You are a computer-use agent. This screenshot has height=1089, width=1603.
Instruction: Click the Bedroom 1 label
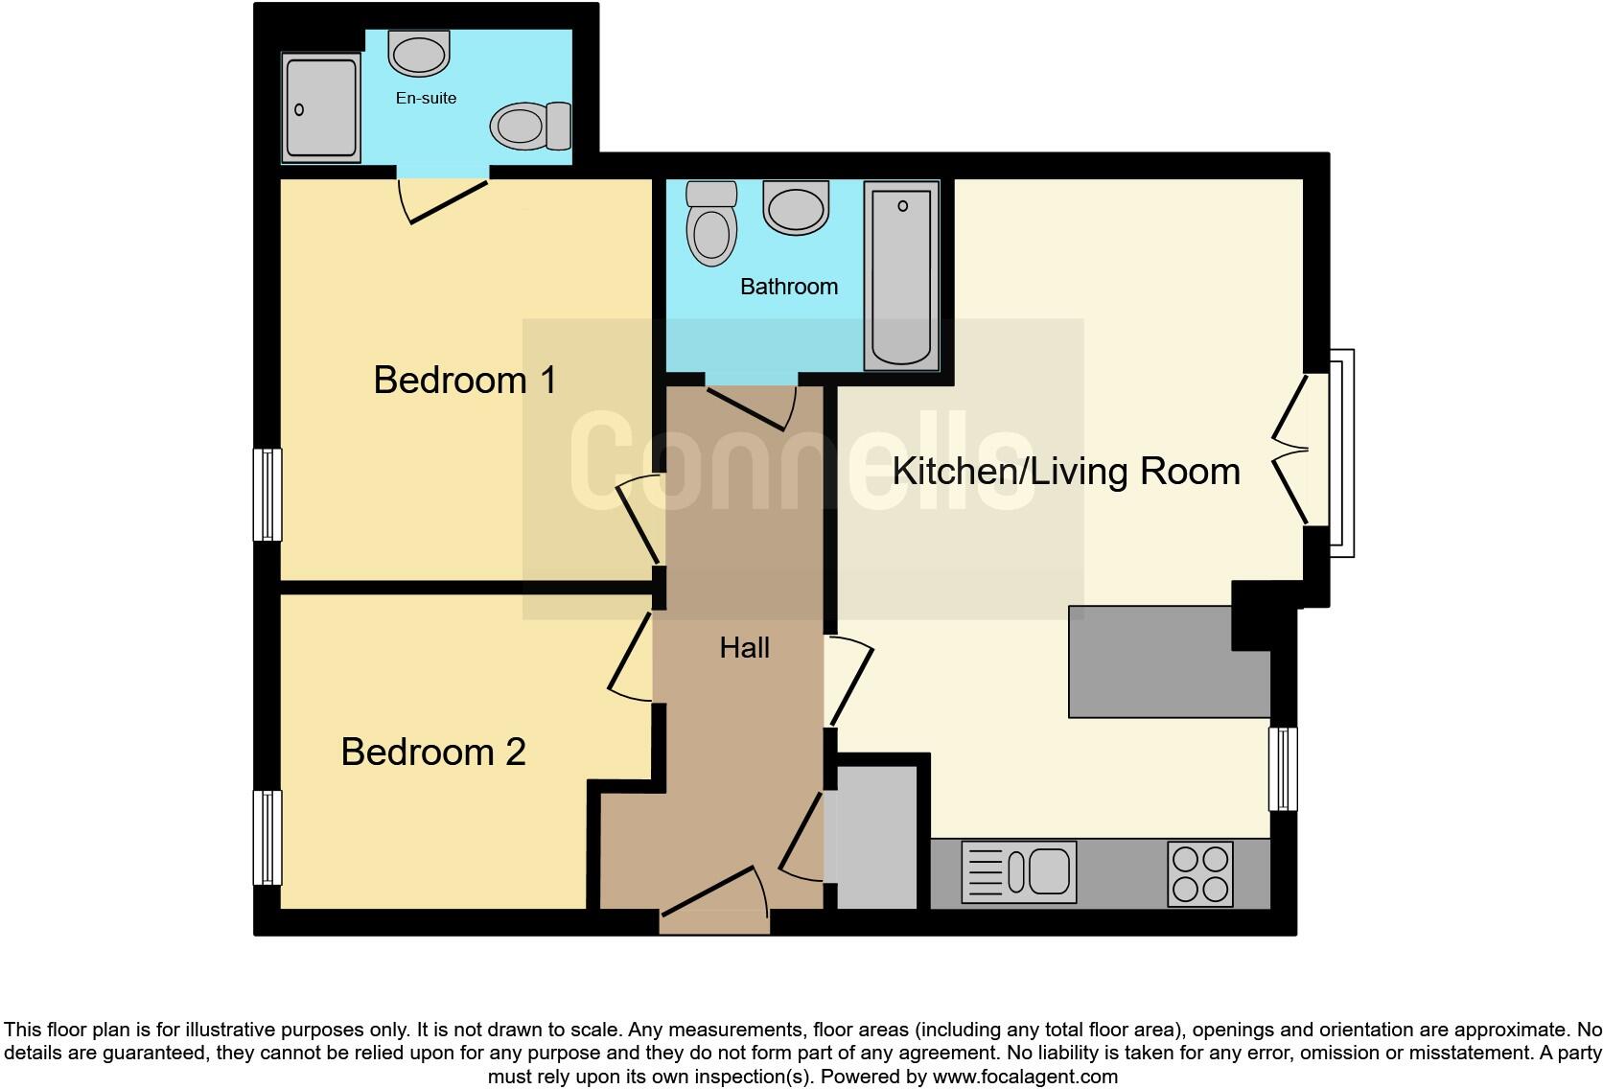click(465, 381)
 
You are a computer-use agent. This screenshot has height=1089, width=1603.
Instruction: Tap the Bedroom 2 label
click(433, 752)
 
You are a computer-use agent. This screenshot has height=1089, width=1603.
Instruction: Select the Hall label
click(744, 648)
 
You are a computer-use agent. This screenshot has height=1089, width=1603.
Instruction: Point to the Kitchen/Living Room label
click(1066, 472)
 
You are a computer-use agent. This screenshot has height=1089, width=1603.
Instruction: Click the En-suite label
click(426, 98)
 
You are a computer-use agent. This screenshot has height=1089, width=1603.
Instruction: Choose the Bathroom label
click(788, 287)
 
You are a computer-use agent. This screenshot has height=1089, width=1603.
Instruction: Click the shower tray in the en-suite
click(321, 106)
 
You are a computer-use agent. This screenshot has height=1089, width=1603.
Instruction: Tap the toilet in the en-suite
click(530, 126)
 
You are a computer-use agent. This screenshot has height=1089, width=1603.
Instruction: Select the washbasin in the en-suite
click(419, 53)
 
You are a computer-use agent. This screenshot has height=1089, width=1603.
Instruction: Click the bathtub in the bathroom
click(901, 275)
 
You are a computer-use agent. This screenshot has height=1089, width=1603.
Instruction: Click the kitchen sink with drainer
click(1018, 872)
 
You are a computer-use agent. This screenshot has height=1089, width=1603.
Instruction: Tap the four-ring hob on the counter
click(1200, 873)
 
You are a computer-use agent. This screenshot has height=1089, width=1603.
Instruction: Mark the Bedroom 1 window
click(267, 495)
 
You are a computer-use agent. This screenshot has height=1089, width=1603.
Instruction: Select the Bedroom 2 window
click(267, 837)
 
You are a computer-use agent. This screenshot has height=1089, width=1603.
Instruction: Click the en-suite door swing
click(445, 199)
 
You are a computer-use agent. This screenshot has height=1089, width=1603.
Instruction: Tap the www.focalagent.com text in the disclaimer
click(1024, 1077)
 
